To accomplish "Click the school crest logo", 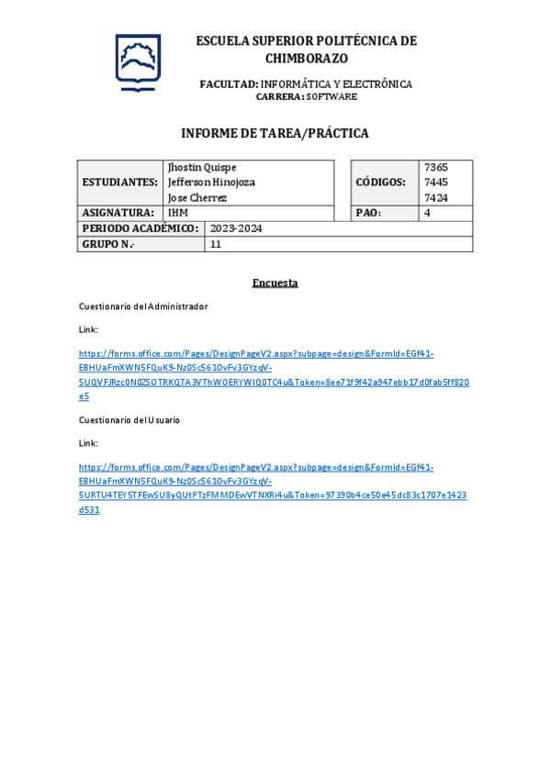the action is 138,62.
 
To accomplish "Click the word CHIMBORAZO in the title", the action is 307,58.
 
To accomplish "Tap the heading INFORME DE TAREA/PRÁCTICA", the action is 275,133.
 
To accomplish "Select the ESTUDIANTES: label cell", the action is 119,183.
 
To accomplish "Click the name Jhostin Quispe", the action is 202,167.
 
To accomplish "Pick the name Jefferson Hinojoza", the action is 211,183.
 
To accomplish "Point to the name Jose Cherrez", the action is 197,198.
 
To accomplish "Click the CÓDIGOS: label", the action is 380,183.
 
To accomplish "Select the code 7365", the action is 436,167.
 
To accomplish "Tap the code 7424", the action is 436,198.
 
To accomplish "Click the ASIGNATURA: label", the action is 118,213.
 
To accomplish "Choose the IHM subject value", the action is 177,213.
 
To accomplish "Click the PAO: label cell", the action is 368,213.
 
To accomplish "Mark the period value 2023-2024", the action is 236,228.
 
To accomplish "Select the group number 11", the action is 216,245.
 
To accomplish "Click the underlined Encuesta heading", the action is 275,283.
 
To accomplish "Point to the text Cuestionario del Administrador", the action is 143,306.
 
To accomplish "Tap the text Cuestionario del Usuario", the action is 129,419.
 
